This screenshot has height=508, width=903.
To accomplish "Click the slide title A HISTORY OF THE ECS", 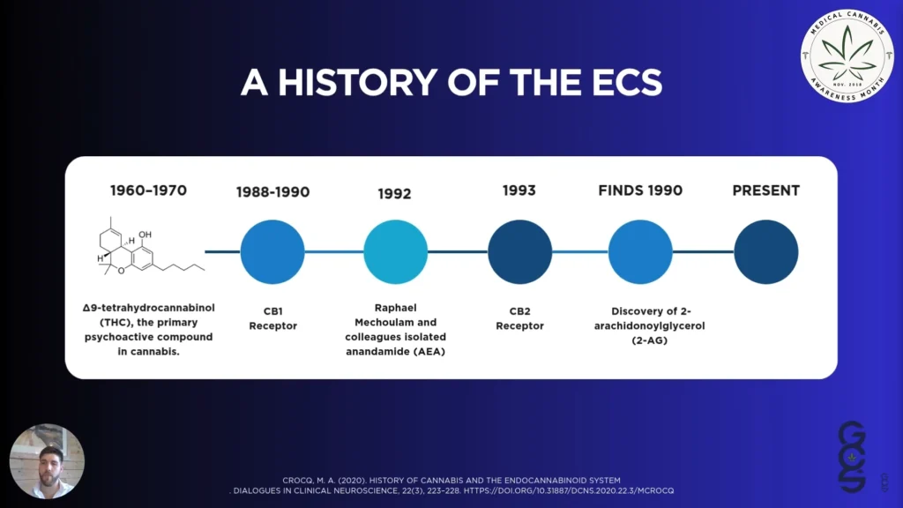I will [451, 82].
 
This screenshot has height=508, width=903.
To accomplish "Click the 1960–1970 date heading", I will [148, 190].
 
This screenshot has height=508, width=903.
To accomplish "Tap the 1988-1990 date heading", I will [272, 191].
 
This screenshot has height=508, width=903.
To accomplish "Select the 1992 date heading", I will [394, 193].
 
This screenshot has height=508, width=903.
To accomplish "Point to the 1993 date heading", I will [519, 190].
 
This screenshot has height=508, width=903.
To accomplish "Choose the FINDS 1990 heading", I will [640, 190].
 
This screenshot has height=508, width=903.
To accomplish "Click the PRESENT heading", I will [765, 190].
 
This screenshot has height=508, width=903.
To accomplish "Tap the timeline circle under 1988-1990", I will [272, 251].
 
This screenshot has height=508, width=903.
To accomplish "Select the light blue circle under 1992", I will [396, 251].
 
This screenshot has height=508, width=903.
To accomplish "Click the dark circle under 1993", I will [519, 251].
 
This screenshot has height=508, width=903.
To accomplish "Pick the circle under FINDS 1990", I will [641, 251].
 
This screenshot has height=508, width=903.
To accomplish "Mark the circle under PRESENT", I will [765, 251].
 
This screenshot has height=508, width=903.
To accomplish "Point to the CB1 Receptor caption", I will [272, 318].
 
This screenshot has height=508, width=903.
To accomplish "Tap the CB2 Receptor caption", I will [519, 318].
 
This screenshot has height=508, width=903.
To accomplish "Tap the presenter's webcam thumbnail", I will [47, 461].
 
